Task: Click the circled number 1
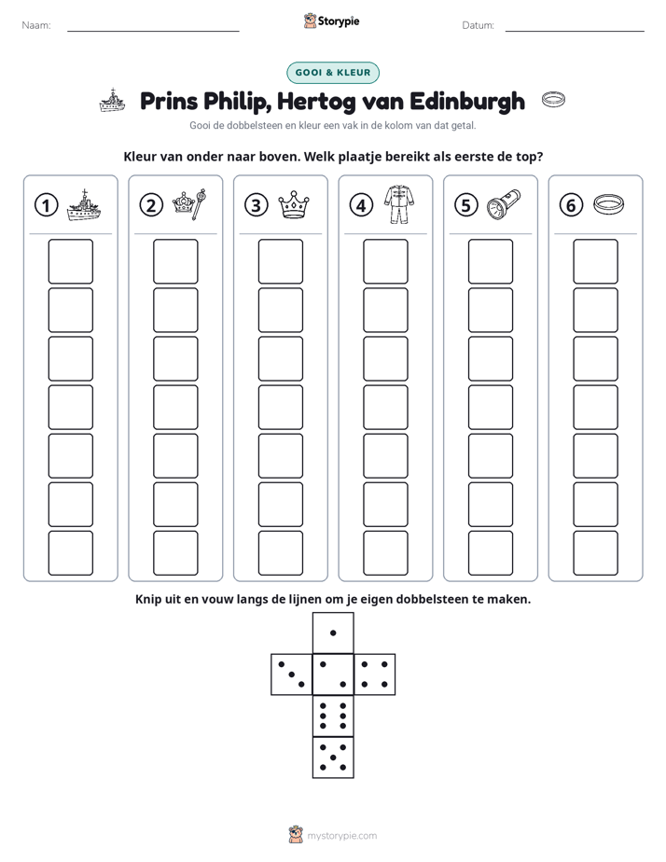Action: pos(46,205)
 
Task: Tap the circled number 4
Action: pos(361,205)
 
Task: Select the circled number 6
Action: pos(571,205)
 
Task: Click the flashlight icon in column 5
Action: pos(504,204)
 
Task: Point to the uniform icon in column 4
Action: pos(399,204)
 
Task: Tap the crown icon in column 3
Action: pos(294,204)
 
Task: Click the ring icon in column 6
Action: pos(609,204)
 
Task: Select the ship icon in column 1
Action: pos(84,205)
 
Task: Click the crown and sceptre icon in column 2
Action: pos(189,204)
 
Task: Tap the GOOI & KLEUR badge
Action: pos(333,73)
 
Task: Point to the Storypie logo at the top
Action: pos(331,21)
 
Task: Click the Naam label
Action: pos(36,25)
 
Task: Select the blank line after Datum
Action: pos(575,31)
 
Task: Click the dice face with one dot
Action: pos(333,633)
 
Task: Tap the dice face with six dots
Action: pos(333,716)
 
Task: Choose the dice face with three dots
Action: pos(292,674)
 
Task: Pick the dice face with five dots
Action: pos(333,758)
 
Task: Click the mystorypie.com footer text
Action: pos(341,836)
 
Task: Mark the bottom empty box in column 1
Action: pos(70,553)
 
